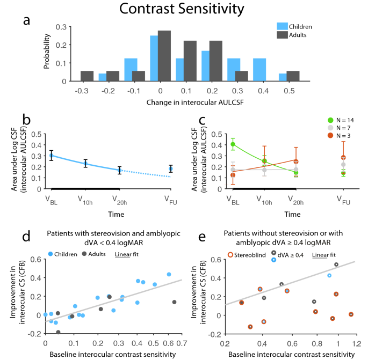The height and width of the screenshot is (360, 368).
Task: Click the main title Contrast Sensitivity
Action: [184, 9]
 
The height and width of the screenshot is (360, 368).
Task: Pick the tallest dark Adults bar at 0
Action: [164, 56]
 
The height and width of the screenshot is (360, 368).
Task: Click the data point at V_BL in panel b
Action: [52, 156]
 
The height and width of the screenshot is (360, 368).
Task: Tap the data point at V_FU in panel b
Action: [171, 169]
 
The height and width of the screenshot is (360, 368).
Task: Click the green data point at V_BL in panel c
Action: [233, 144]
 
